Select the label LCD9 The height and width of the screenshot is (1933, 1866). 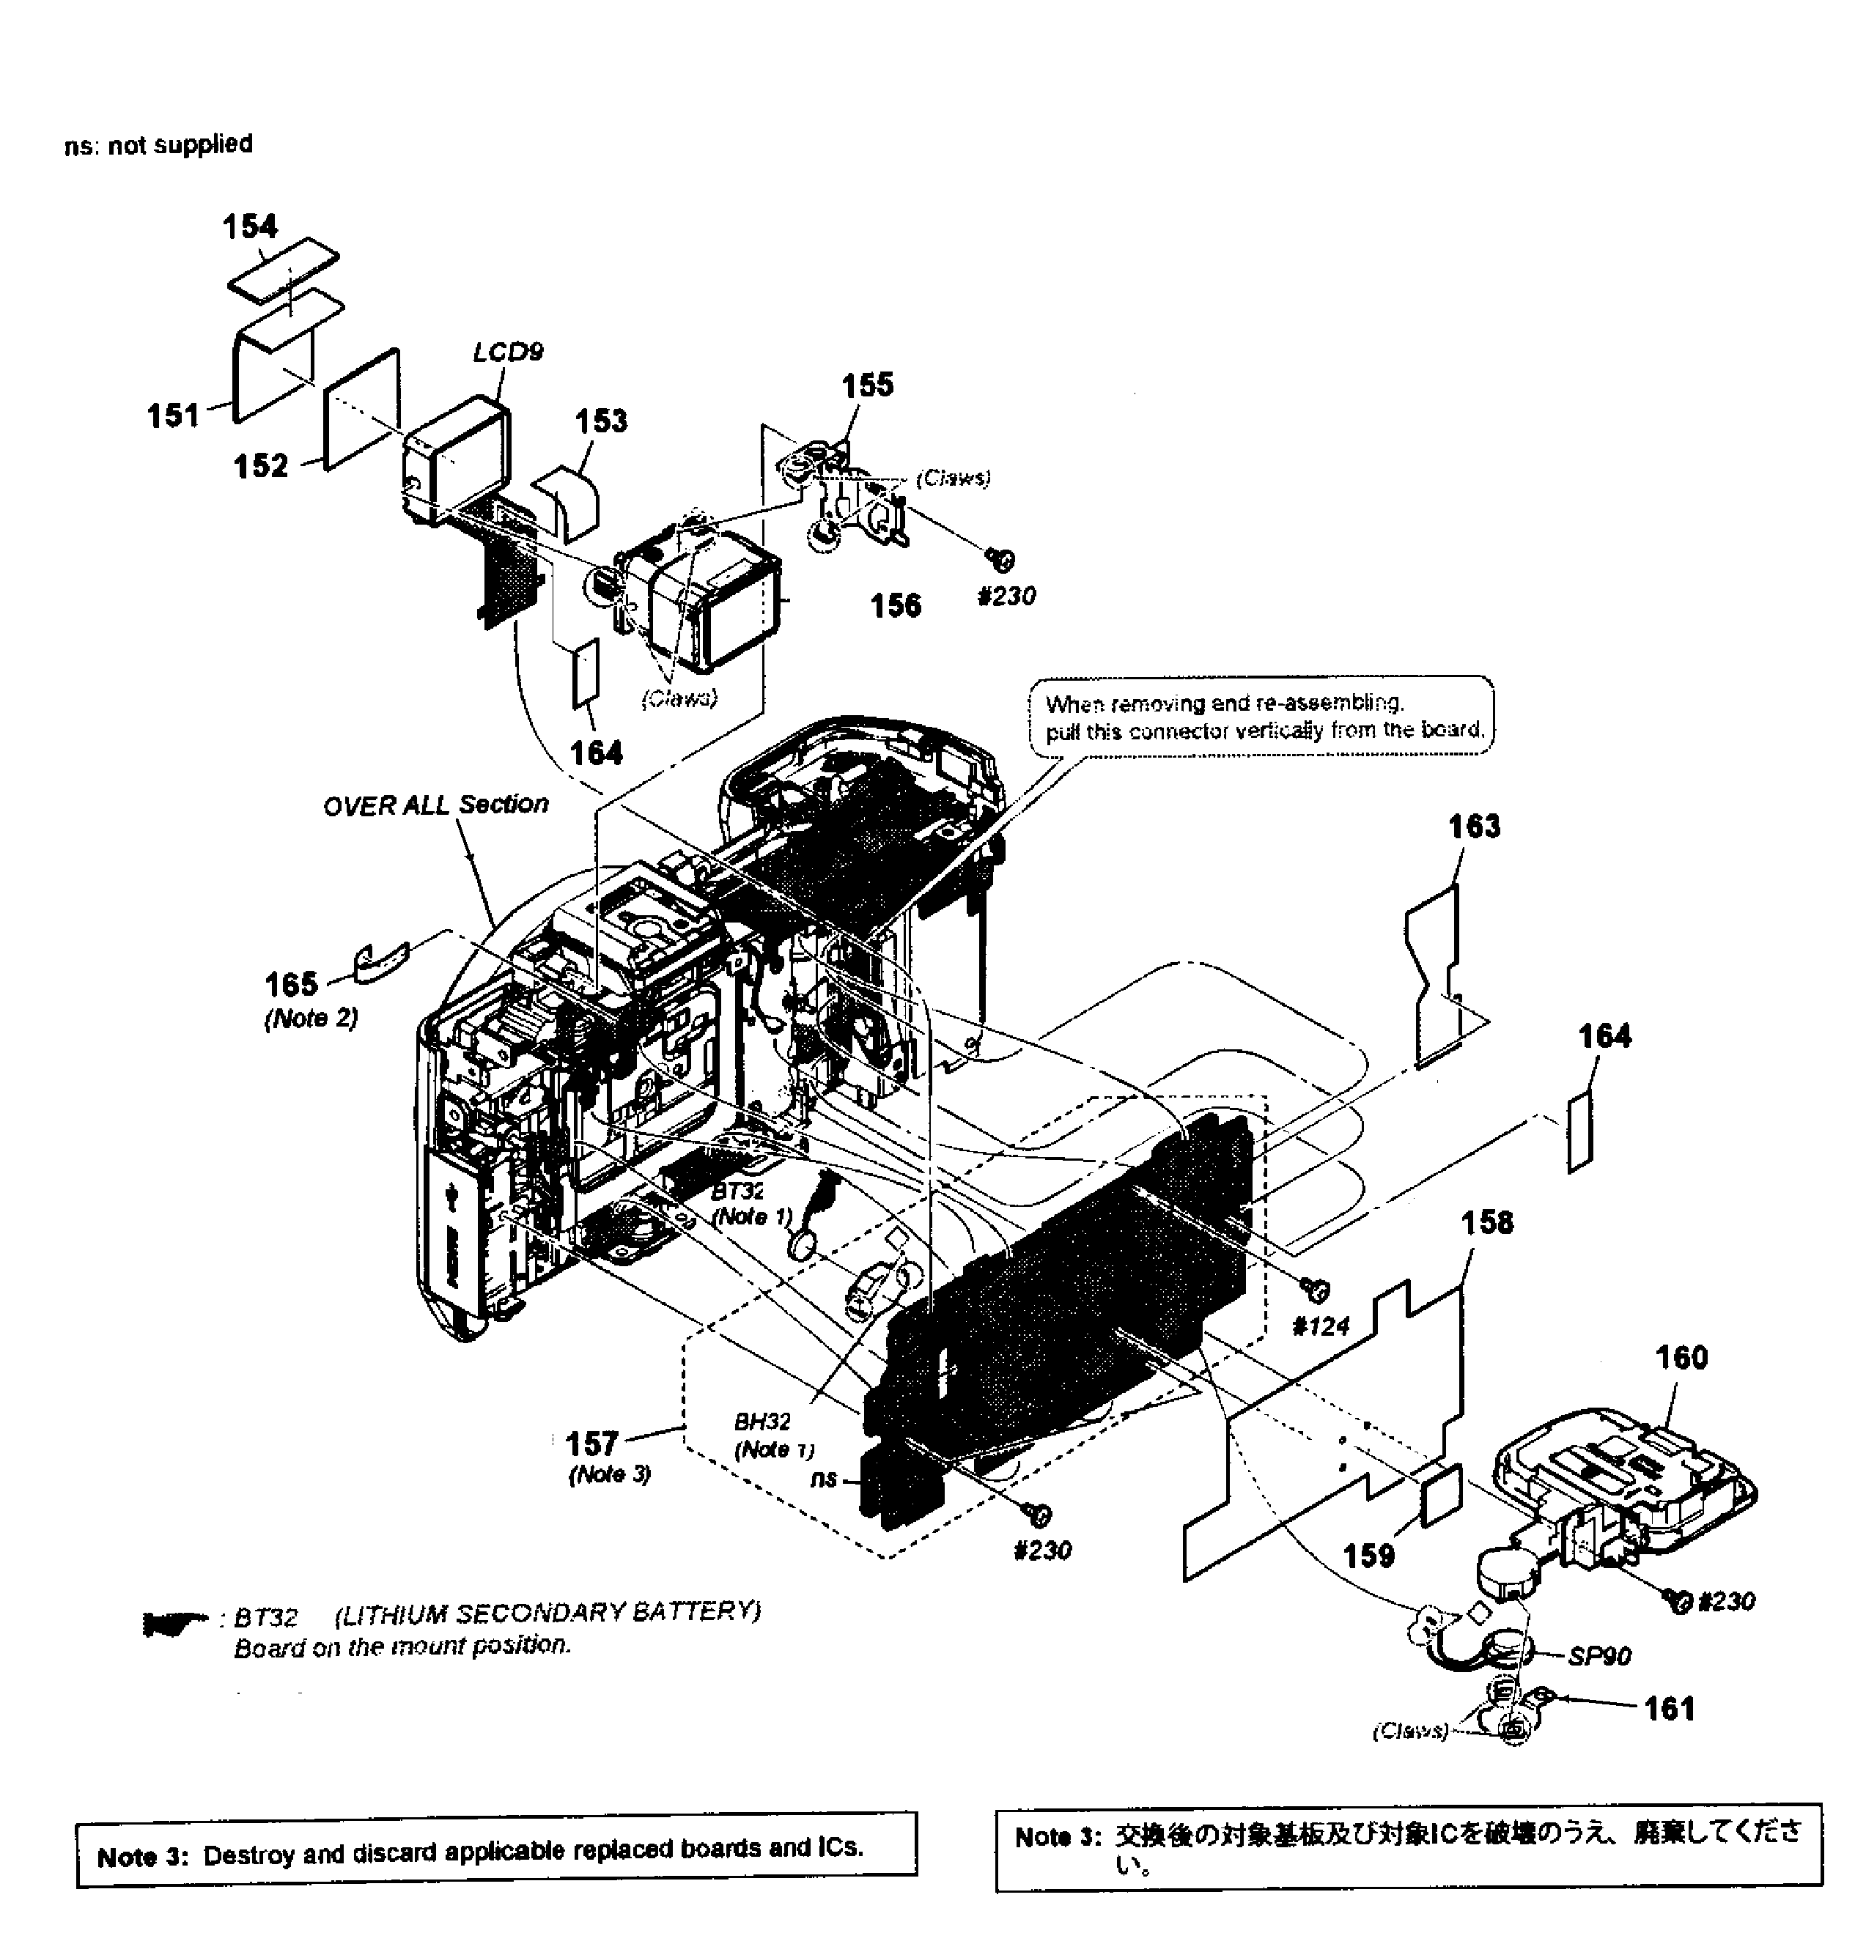pyautogui.click(x=508, y=352)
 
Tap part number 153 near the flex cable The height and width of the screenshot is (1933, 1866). pyautogui.click(x=601, y=421)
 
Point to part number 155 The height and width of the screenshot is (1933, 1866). pyautogui.click(x=867, y=385)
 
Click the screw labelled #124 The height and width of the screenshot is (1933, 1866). pyautogui.click(x=1316, y=1288)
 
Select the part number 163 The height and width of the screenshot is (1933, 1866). pyautogui.click(x=1473, y=826)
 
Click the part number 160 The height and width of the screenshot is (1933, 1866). pyautogui.click(x=1681, y=1358)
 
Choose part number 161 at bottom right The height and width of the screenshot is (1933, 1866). pyautogui.click(x=1669, y=1708)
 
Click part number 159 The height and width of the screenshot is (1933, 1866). pyautogui.click(x=1369, y=1556)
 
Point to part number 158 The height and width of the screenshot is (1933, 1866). pyautogui.click(x=1486, y=1223)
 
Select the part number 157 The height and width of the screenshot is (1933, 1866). pyautogui.click(x=591, y=1444)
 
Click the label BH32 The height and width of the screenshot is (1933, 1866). pyautogui.click(x=761, y=1422)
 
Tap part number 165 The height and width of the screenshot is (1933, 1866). pyautogui.click(x=291, y=983)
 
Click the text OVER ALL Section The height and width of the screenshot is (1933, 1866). pyautogui.click(x=435, y=805)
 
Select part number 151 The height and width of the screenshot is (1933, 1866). pyautogui.click(x=174, y=415)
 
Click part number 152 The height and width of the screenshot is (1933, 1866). pyautogui.click(x=260, y=465)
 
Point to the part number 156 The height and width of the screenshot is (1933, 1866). pyautogui.click(x=895, y=605)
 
